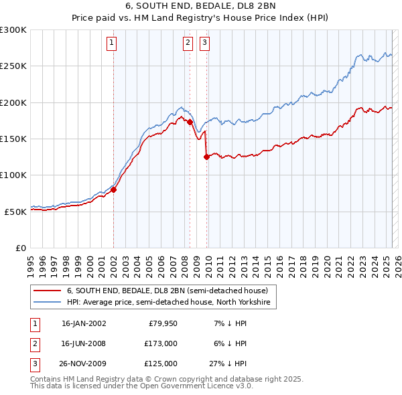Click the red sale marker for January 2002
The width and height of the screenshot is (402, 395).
pyautogui.click(x=113, y=189)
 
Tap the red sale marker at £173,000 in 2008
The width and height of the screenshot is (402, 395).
pyautogui.click(x=190, y=123)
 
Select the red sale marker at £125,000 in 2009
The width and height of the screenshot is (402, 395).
pyautogui.click(x=206, y=157)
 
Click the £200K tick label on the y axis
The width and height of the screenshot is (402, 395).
pyautogui.click(x=13, y=103)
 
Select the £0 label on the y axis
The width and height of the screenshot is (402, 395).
pyautogui.click(x=21, y=248)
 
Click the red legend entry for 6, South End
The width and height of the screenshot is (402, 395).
pyautogui.click(x=167, y=291)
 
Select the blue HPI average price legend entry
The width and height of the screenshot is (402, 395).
pyautogui.click(x=167, y=303)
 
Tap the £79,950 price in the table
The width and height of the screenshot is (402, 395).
pyautogui.click(x=163, y=323)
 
